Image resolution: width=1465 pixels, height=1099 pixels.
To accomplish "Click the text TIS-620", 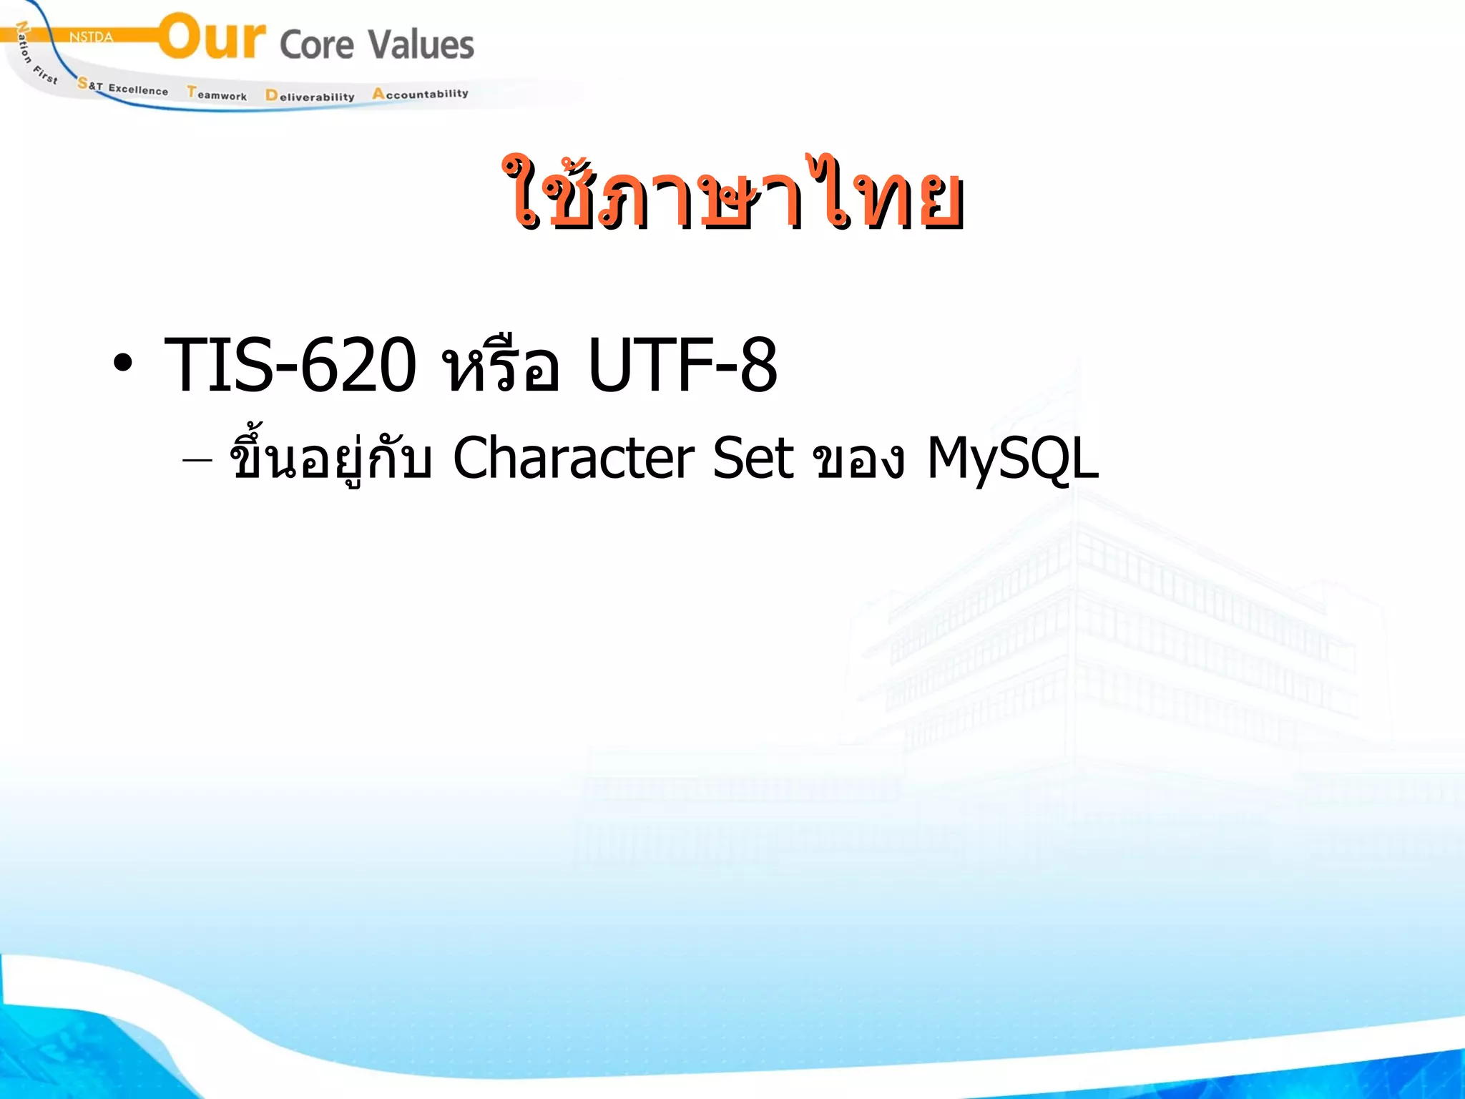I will [290, 365].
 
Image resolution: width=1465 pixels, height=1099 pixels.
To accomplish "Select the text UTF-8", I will [682, 365].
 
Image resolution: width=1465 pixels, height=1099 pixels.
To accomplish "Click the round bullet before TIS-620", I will [122, 363].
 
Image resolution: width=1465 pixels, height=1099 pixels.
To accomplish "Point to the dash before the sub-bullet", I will [197, 460].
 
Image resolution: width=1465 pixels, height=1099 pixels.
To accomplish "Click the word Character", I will [573, 458].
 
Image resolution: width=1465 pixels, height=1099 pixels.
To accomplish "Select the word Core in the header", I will [317, 45].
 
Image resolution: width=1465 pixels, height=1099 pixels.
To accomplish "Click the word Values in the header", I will [421, 44].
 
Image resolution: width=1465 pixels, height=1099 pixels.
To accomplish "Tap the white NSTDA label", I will [91, 37].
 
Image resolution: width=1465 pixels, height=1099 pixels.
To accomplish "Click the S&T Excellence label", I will [123, 87].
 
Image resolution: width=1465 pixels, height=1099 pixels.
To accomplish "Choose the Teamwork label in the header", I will [217, 94].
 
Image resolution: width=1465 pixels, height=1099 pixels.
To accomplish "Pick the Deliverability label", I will [310, 96].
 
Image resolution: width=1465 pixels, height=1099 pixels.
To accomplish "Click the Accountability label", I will [420, 94].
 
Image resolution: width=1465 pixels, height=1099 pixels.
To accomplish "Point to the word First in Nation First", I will [45, 74].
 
